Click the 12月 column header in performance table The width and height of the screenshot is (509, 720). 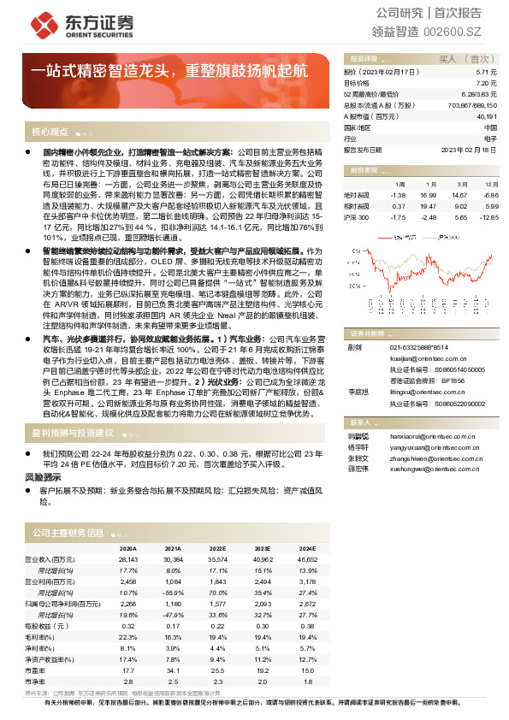pos(489,184)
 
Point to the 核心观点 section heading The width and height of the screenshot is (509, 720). pos(50,132)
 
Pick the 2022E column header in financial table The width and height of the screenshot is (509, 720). pos(217,547)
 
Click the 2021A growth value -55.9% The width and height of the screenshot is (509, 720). pos(173,592)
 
